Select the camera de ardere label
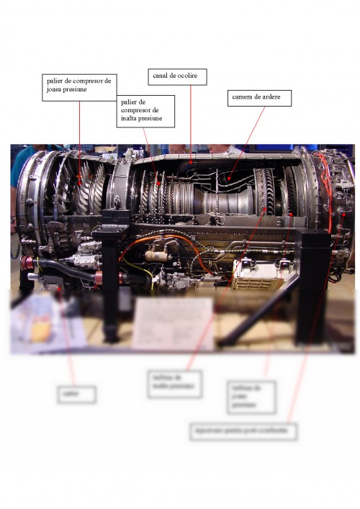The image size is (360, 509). click(260, 98)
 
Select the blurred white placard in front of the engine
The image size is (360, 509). click(173, 323)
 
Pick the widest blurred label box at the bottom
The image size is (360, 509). click(243, 431)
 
